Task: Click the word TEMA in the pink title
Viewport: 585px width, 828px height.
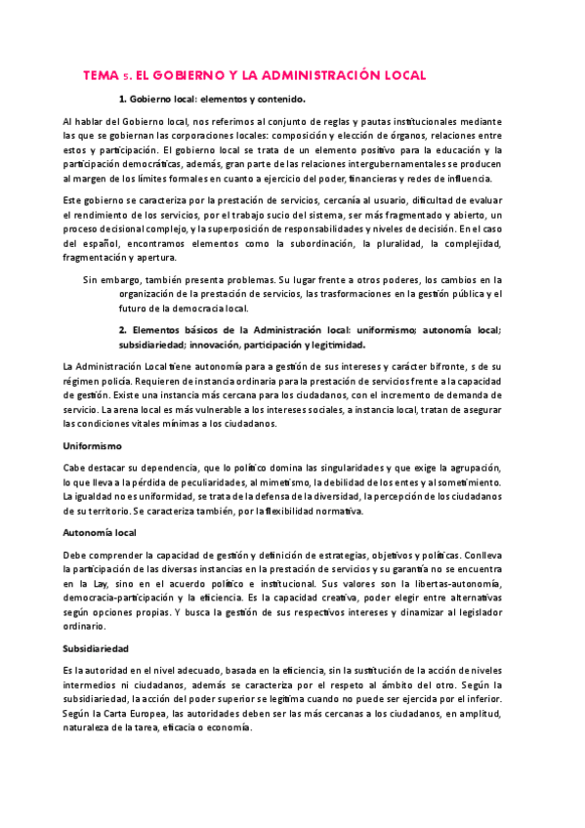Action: click(x=101, y=75)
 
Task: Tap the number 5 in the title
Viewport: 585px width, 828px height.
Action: click(x=126, y=76)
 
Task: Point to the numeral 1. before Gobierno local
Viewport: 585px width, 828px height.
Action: click(x=122, y=99)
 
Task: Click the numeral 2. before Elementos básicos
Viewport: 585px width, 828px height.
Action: click(x=122, y=330)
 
